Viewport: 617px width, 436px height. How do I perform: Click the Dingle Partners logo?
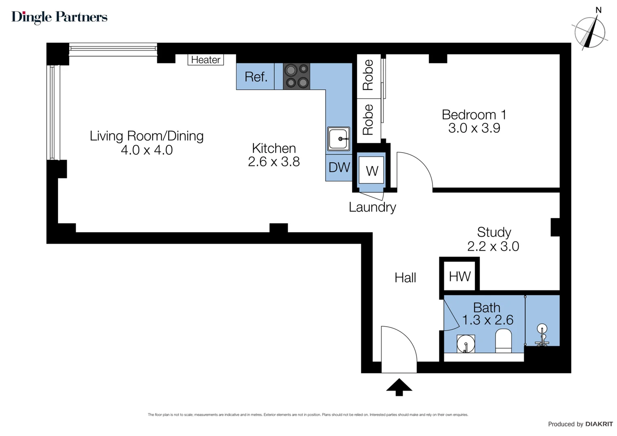59,17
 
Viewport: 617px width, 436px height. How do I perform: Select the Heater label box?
206,60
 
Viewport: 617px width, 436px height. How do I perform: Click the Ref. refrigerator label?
256,77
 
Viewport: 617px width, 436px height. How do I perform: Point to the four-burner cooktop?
296,76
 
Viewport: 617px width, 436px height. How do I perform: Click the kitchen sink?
338,138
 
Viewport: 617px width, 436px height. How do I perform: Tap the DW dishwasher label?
339,168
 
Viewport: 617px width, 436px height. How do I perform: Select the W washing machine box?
371,171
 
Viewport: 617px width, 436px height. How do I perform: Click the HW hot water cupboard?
460,277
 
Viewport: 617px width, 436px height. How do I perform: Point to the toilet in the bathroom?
503,340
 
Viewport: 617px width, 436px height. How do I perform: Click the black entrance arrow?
399,387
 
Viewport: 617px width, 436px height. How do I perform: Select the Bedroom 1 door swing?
414,170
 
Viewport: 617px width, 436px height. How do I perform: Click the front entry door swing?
398,349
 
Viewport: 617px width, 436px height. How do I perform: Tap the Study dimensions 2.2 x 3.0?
493,246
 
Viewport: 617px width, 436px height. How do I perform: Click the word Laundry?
372,207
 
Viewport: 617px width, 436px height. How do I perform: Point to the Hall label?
405,278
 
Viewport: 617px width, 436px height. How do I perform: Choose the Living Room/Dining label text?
147,136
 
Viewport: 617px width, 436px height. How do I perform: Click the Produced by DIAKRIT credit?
580,424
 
